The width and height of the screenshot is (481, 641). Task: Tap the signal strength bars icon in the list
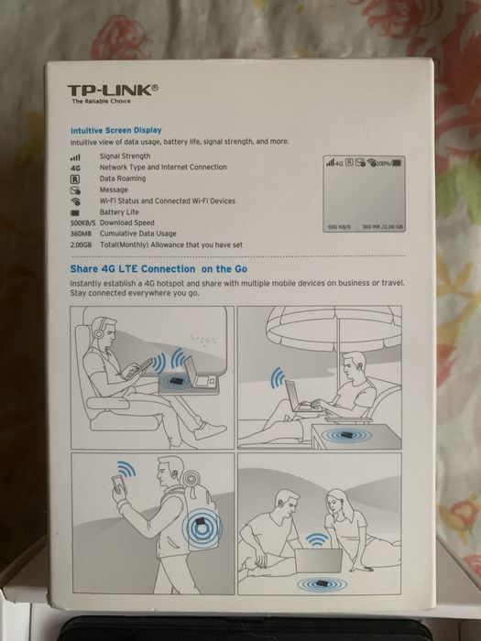(75, 158)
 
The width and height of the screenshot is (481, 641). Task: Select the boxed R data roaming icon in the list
(75, 179)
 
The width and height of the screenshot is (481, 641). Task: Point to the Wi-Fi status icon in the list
(75, 201)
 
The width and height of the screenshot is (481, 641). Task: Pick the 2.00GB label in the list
(82, 244)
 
